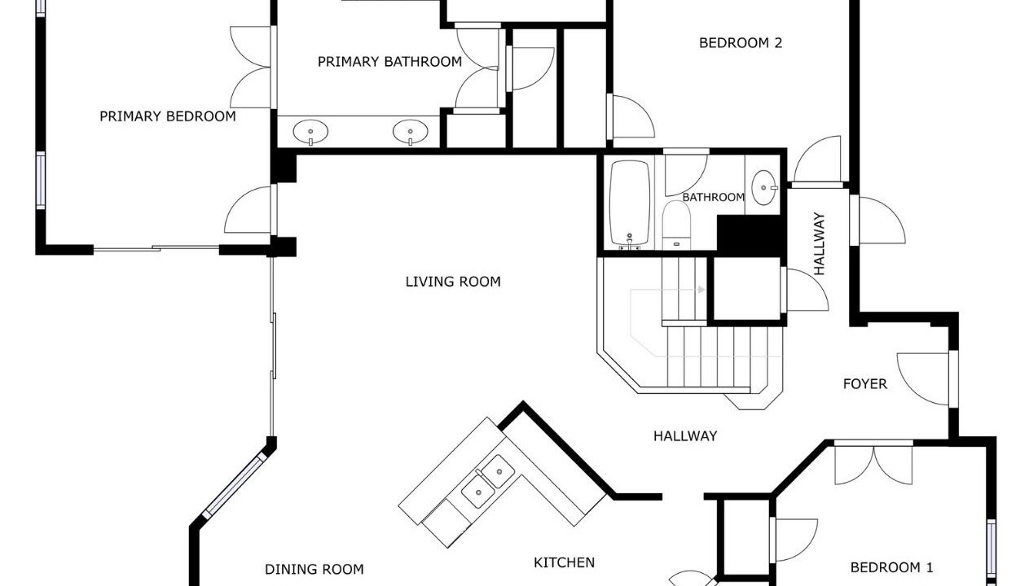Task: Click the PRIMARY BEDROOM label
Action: coord(168,116)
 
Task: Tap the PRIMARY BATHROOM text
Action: coord(389,62)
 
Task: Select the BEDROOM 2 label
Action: coord(741,42)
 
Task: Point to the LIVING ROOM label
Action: coord(453,282)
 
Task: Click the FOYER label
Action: coord(865,383)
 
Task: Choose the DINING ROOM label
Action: coord(314,570)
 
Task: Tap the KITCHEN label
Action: coord(564,562)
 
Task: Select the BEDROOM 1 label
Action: coord(891,567)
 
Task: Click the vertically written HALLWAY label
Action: coord(820,243)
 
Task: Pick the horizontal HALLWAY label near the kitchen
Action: coord(685,436)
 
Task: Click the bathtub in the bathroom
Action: coord(630,203)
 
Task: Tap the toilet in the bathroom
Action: coord(676,225)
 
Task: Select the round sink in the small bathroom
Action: coord(764,188)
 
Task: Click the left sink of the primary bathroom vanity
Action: coord(311,132)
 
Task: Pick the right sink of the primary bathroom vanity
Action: coord(411,132)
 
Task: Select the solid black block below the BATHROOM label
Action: coord(751,234)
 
